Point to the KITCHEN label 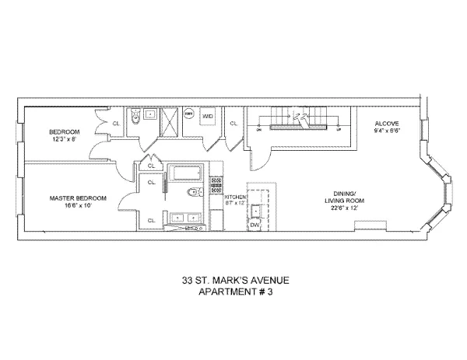[235, 198]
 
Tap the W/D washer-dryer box [208, 117]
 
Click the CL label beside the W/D [233, 123]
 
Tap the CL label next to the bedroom [115, 123]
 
